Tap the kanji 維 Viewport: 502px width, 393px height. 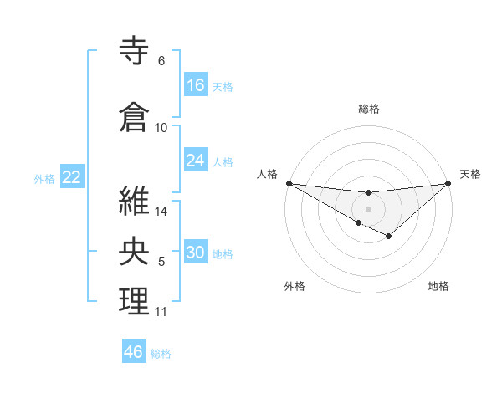point(135,201)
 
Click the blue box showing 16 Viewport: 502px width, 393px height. point(196,85)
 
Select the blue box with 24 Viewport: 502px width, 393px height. point(196,161)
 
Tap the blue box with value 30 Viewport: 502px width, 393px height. point(196,253)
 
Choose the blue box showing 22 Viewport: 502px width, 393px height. point(72,177)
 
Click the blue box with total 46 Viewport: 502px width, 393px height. point(134,352)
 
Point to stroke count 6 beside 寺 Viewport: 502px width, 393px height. point(161,61)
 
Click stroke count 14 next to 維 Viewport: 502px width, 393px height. point(162,211)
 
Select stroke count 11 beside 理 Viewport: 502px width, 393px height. point(161,312)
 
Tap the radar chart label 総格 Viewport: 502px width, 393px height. point(368,109)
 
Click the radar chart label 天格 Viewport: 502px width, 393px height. point(471,174)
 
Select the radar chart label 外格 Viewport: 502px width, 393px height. point(295,287)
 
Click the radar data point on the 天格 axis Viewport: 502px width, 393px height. point(448,182)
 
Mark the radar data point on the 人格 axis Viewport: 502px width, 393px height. point(289,182)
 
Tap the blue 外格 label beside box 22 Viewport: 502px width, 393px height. point(44,178)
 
